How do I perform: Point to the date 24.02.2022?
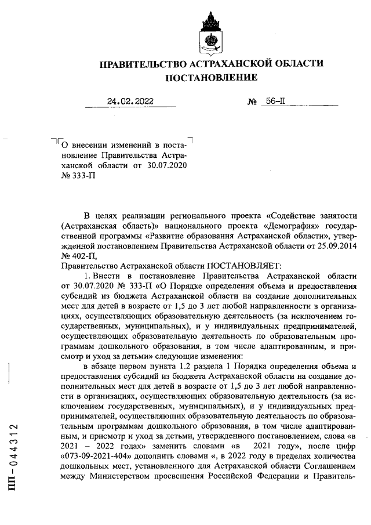coord(130,101)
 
